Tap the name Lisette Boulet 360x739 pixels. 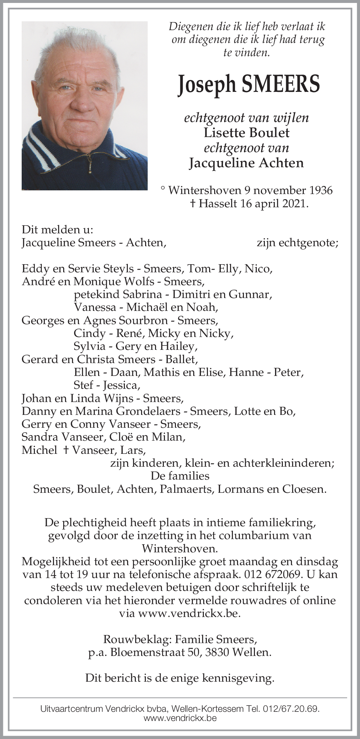246,133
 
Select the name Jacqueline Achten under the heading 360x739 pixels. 246,163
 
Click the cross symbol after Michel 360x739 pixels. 66,450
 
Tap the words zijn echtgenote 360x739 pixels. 298,243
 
